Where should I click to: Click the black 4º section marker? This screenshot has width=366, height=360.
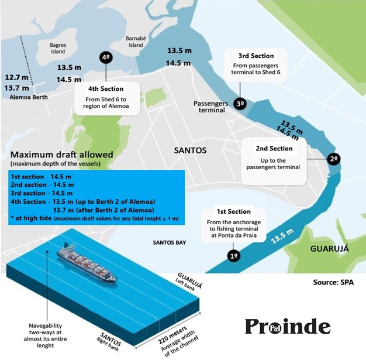click(106, 57)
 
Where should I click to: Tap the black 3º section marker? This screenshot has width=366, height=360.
click(240, 103)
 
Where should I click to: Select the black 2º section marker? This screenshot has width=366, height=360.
click(333, 159)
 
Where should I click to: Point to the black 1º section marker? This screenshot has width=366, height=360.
click(234, 256)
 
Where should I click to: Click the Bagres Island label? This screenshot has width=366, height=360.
click(57, 49)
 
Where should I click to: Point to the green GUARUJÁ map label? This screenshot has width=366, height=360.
click(327, 248)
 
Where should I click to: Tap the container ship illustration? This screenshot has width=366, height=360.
click(88, 265)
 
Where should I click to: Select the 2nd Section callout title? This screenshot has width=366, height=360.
click(274, 149)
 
